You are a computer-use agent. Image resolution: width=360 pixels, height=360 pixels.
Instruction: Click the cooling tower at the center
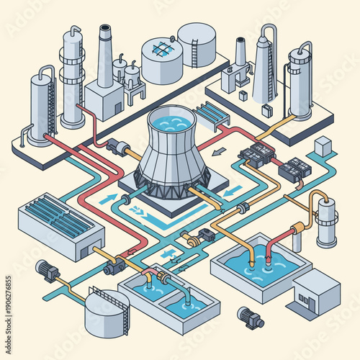tap(173, 155)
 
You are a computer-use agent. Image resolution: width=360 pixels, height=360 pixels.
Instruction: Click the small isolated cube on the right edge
tap(323, 148)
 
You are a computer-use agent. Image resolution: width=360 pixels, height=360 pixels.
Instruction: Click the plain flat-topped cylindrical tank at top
tap(197, 42)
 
